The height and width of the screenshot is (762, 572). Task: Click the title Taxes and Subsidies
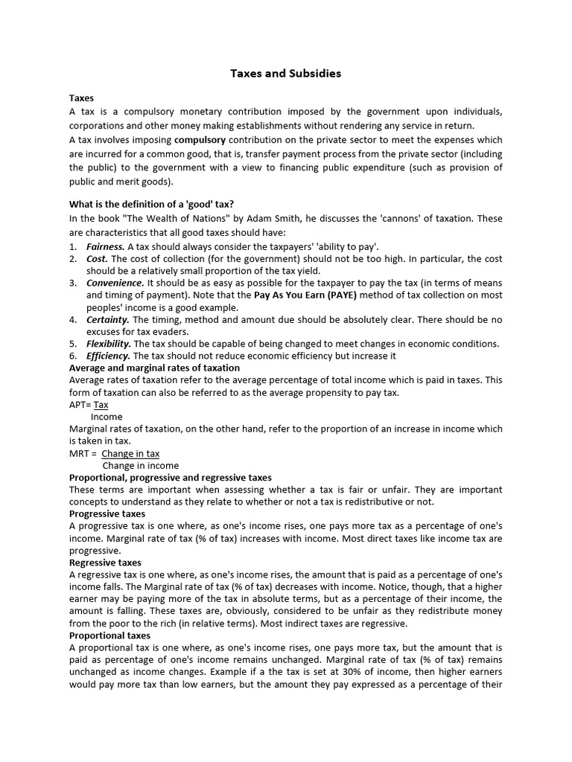point(285,74)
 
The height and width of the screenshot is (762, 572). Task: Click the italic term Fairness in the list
point(105,246)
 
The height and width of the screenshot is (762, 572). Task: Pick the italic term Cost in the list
point(97,258)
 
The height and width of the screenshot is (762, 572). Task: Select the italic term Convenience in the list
point(115,283)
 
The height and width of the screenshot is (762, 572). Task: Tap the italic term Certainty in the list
point(108,319)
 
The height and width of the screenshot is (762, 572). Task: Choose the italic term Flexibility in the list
point(109,344)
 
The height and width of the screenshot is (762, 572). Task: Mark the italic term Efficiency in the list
point(108,356)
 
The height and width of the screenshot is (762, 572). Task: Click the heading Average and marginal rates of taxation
point(154,368)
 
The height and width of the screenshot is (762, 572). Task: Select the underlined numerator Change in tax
point(130,453)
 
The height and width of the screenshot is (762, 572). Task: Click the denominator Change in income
point(140,466)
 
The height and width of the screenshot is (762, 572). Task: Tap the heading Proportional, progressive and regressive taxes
point(171,478)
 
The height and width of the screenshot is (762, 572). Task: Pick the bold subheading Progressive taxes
point(107,514)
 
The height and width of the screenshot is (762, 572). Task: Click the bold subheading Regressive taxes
point(105,563)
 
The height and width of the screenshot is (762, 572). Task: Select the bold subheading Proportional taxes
point(109,635)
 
